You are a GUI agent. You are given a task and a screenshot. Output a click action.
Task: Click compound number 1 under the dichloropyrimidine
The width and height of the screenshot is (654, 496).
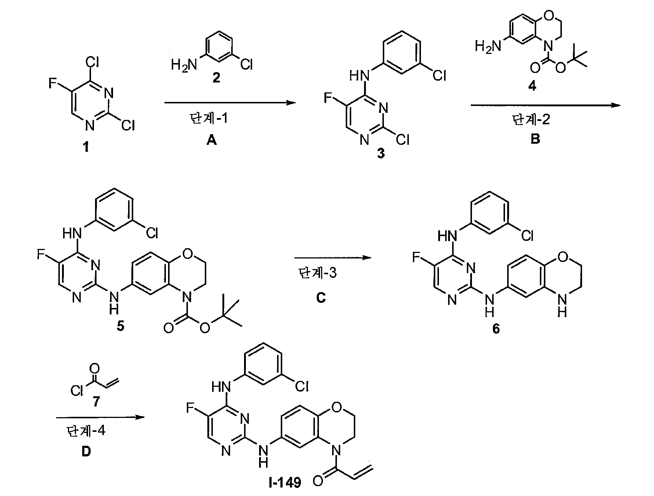click(x=86, y=148)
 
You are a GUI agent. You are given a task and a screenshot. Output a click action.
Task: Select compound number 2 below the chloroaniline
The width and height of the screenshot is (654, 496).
click(x=217, y=78)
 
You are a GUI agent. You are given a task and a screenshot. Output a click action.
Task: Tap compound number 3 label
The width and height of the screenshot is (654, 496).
click(x=381, y=154)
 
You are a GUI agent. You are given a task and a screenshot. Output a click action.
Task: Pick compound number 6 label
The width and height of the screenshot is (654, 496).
click(x=496, y=329)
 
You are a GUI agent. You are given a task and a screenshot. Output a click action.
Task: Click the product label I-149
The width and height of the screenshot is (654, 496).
click(x=284, y=483)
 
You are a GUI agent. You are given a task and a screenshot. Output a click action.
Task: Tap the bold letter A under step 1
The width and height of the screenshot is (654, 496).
click(x=211, y=140)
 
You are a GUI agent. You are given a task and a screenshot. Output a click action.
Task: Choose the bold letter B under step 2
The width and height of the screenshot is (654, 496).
click(x=535, y=139)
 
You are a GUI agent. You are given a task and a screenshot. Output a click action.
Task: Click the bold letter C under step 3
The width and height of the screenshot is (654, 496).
click(x=321, y=298)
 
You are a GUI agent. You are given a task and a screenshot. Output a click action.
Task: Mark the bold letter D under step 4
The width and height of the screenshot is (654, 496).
click(x=86, y=452)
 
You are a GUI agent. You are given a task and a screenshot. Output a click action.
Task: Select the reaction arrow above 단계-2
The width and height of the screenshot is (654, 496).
click(x=545, y=105)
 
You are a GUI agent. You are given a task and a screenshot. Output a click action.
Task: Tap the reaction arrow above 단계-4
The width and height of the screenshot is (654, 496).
click(x=99, y=417)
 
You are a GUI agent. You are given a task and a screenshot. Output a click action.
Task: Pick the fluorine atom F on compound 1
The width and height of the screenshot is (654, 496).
click(x=52, y=84)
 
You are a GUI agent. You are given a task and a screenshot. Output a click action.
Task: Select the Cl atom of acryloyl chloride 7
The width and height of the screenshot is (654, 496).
click(x=77, y=391)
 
